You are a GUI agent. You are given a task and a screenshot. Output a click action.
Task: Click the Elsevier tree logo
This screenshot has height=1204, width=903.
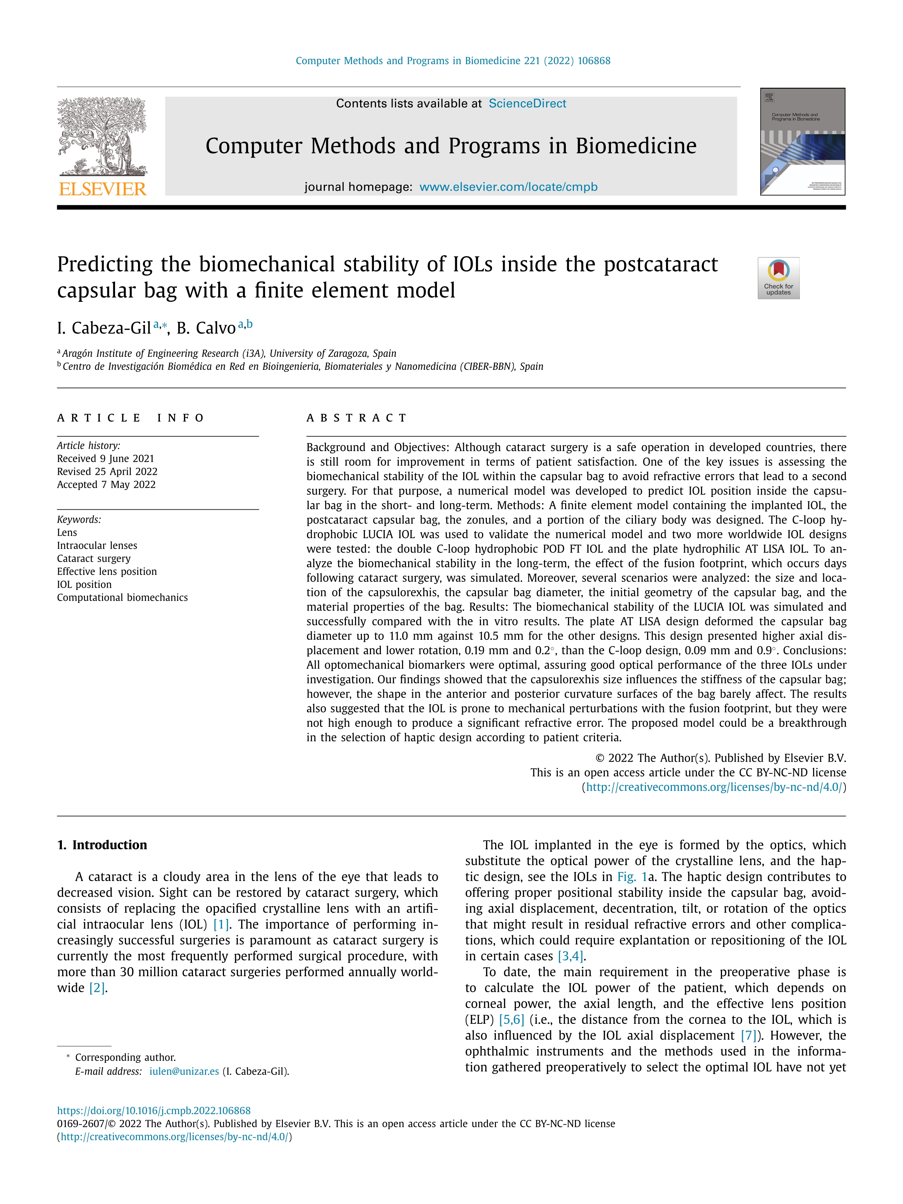pyautogui.click(x=102, y=136)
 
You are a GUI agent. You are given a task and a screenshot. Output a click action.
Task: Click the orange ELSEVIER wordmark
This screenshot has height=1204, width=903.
pyautogui.click(x=102, y=189)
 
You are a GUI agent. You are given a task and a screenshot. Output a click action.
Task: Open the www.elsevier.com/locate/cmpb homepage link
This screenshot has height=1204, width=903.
pyautogui.click(x=508, y=187)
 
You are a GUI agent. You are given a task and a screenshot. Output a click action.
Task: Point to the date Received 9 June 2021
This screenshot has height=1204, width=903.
pyautogui.click(x=106, y=458)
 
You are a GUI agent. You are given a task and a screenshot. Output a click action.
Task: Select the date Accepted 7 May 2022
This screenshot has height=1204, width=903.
pyautogui.click(x=106, y=485)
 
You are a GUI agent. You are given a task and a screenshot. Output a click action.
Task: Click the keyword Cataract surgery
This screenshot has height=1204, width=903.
pyautogui.click(x=94, y=558)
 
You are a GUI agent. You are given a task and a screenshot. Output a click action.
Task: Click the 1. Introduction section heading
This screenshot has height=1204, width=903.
pyautogui.click(x=102, y=845)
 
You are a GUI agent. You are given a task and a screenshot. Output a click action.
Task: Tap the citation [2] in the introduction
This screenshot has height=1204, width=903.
pyautogui.click(x=97, y=988)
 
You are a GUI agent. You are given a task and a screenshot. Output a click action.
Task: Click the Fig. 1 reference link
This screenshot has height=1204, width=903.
pyautogui.click(x=631, y=877)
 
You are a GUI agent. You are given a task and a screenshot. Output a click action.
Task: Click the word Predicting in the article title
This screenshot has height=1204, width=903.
pyautogui.click(x=105, y=265)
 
